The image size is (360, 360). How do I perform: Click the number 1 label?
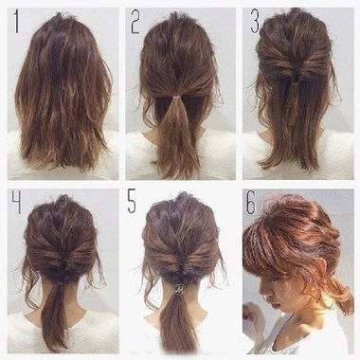tap(16, 22)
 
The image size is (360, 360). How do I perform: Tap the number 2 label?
tap(135, 22)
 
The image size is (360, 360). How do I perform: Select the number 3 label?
tap(255, 22)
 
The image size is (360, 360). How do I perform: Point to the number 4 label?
tap(17, 202)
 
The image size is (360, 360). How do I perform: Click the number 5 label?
tap(132, 201)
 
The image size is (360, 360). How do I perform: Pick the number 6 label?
tap(251, 202)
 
